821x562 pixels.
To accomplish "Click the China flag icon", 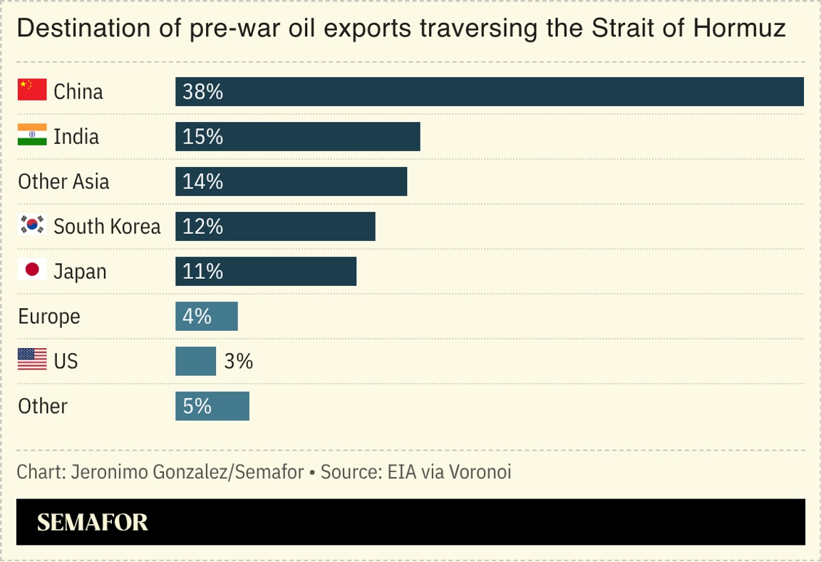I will (31, 91).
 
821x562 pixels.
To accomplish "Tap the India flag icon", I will (31, 136).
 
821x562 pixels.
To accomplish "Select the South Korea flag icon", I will (31, 225).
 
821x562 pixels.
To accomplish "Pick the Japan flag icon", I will (31, 270).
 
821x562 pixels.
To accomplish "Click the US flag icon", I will (31, 360).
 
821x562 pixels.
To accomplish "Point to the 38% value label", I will (202, 91).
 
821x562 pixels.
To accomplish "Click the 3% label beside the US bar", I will (239, 361).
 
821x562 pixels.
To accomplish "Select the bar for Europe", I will (207, 316).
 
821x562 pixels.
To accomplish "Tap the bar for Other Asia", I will (291, 181).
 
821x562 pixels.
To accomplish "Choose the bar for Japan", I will (266, 271).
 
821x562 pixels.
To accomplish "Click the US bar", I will (195, 361).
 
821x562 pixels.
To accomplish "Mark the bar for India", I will (297, 136).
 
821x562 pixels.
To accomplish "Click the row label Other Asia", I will (63, 181).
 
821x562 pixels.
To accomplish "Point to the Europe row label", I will (48, 316).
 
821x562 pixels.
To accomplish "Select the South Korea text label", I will (107, 226).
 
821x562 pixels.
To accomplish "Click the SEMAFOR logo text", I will (92, 522).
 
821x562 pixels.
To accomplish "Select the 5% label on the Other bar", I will (197, 406).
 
